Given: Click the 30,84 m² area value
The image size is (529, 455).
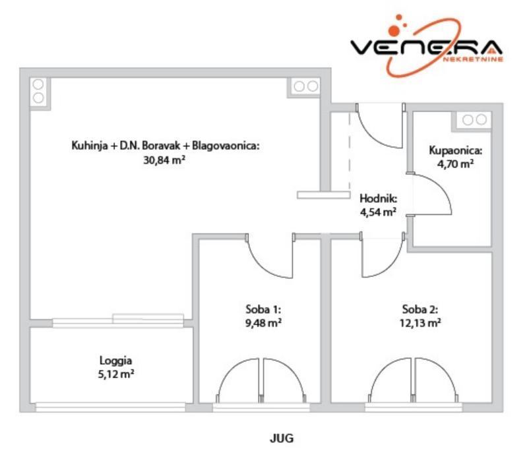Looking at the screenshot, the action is pos(164,159).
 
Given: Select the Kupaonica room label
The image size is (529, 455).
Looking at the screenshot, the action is pos(456,150).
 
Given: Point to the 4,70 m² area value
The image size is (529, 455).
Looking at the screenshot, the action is pos(456,164).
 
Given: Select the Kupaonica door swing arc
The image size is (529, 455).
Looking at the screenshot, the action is pos(433,195).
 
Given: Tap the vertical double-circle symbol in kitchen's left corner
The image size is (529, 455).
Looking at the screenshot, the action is pos(38,91).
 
